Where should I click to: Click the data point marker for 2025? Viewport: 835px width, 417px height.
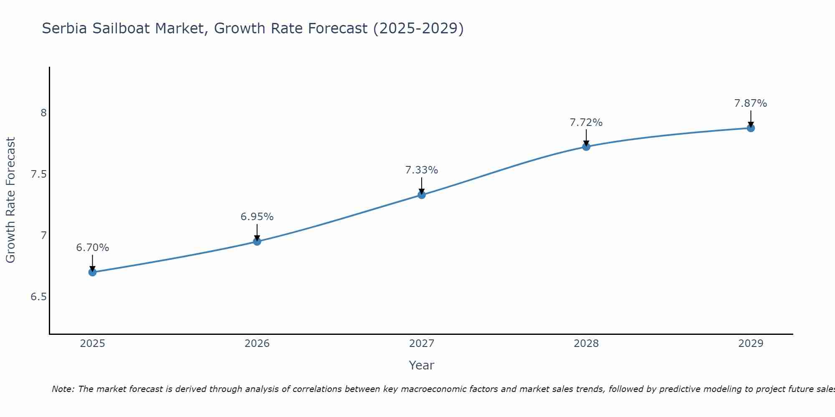tap(93, 272)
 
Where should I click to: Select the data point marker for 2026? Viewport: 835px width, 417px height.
tap(257, 241)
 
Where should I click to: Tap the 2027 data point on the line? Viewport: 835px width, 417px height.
tap(422, 195)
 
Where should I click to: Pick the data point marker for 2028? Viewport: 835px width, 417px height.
tap(586, 146)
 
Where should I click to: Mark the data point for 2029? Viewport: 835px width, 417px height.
tap(751, 128)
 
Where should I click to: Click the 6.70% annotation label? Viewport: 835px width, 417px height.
tap(93, 248)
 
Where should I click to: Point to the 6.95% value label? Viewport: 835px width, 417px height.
tap(257, 217)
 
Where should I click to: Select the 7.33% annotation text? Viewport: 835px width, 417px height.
tap(422, 170)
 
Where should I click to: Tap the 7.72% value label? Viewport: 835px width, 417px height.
tap(586, 123)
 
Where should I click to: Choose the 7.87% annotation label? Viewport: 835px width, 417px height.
tap(751, 103)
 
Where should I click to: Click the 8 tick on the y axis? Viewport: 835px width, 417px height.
tap(43, 113)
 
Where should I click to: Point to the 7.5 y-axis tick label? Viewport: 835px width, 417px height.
tap(39, 174)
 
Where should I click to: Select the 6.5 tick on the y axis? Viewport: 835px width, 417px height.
tap(39, 297)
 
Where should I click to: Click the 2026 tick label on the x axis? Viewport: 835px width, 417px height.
tap(257, 344)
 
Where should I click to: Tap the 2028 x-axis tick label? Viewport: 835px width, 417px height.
tap(586, 344)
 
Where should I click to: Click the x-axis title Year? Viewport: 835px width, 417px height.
tap(422, 365)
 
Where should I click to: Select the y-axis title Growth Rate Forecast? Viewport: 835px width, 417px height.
tap(11, 200)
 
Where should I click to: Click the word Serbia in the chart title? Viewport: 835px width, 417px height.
tap(64, 28)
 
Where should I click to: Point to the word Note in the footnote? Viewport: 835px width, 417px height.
tap(62, 389)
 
